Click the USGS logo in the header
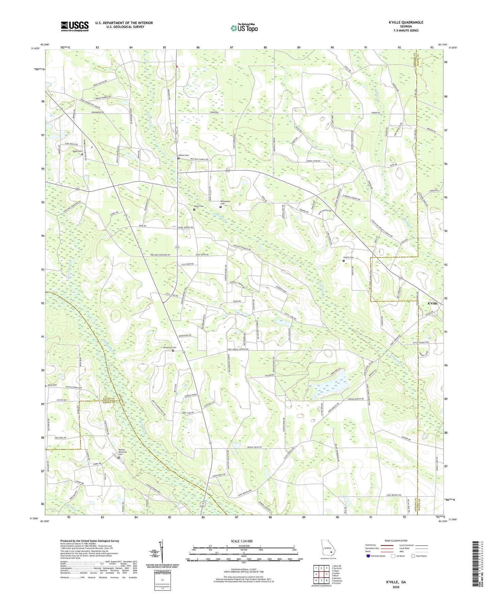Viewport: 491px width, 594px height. point(74,26)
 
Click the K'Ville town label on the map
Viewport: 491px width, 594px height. point(432,303)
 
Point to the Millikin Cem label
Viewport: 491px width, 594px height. point(184,155)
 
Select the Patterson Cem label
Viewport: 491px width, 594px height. point(170,347)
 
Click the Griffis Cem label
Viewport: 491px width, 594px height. point(348,257)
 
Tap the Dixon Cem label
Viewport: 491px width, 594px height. point(198,206)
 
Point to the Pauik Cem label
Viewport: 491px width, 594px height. point(77,151)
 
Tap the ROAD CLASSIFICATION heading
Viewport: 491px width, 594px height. point(396,541)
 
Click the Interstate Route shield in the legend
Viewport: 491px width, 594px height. point(369,556)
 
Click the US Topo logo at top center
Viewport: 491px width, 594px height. point(244,28)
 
